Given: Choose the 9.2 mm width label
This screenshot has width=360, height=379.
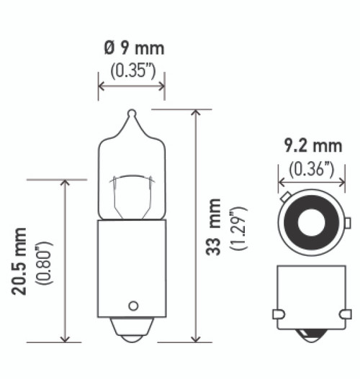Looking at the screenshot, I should (x=310, y=147).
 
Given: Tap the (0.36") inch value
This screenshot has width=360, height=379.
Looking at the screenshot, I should (x=310, y=170).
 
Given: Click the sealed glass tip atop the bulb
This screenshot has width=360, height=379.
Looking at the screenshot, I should (x=131, y=114).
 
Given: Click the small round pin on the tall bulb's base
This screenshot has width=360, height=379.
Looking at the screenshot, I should (x=132, y=305).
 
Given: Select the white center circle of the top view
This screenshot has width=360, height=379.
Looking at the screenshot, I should (x=312, y=224).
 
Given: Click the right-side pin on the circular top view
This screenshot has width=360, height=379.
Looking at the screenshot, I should (x=347, y=224).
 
